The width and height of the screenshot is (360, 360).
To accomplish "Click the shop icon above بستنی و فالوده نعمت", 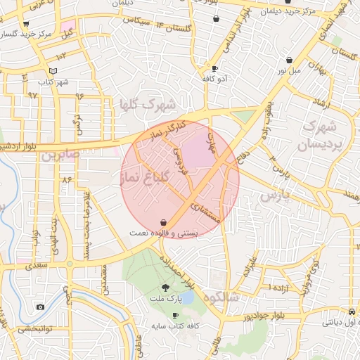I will [164, 221].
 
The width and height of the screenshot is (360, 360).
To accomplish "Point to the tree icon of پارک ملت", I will [166, 287].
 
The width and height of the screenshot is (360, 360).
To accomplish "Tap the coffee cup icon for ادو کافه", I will [214, 68].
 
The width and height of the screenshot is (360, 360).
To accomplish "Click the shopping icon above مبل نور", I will [289, 60].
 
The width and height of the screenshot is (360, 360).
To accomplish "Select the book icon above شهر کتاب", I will [53, 72].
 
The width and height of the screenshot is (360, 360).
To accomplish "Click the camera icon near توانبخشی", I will [40, 307].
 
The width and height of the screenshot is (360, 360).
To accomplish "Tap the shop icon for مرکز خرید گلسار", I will [26, 24].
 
